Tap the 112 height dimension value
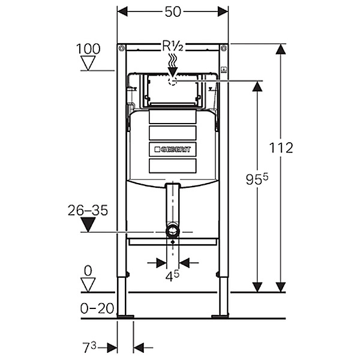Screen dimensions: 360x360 [280, 147]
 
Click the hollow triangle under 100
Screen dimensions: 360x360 [89, 63]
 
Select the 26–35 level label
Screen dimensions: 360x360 [88, 211]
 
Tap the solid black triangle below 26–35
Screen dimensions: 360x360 [88, 225]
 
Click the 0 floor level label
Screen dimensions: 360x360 [89, 271]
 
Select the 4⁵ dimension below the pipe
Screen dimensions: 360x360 [173, 277]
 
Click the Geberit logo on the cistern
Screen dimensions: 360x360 [173, 149]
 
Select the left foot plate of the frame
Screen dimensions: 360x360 [125, 316]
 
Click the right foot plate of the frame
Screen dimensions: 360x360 [221, 316]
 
